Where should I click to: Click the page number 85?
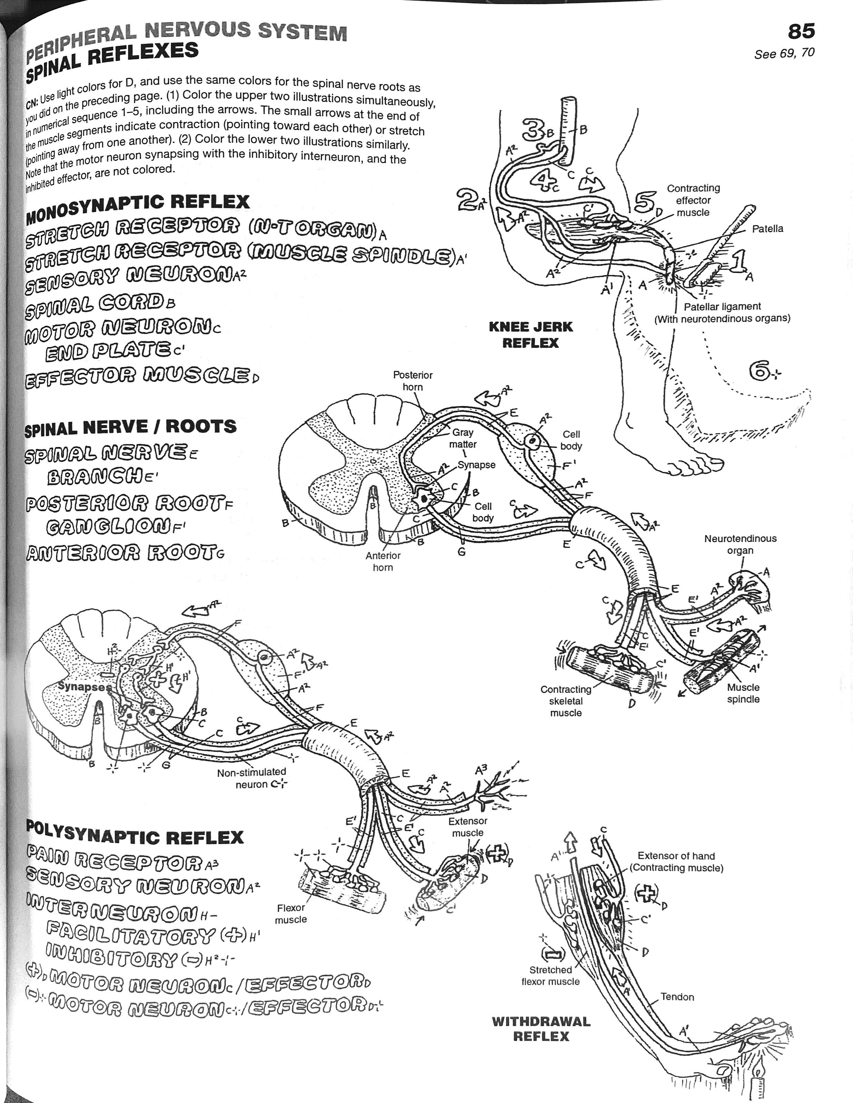(x=801, y=31)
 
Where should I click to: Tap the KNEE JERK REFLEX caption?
(x=530, y=335)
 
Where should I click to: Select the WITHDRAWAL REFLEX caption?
(x=541, y=1029)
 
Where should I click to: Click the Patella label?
(x=767, y=229)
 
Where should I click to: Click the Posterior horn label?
(x=413, y=381)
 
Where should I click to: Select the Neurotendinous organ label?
(x=740, y=544)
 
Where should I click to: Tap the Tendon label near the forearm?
(x=677, y=997)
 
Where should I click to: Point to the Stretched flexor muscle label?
(x=550, y=976)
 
